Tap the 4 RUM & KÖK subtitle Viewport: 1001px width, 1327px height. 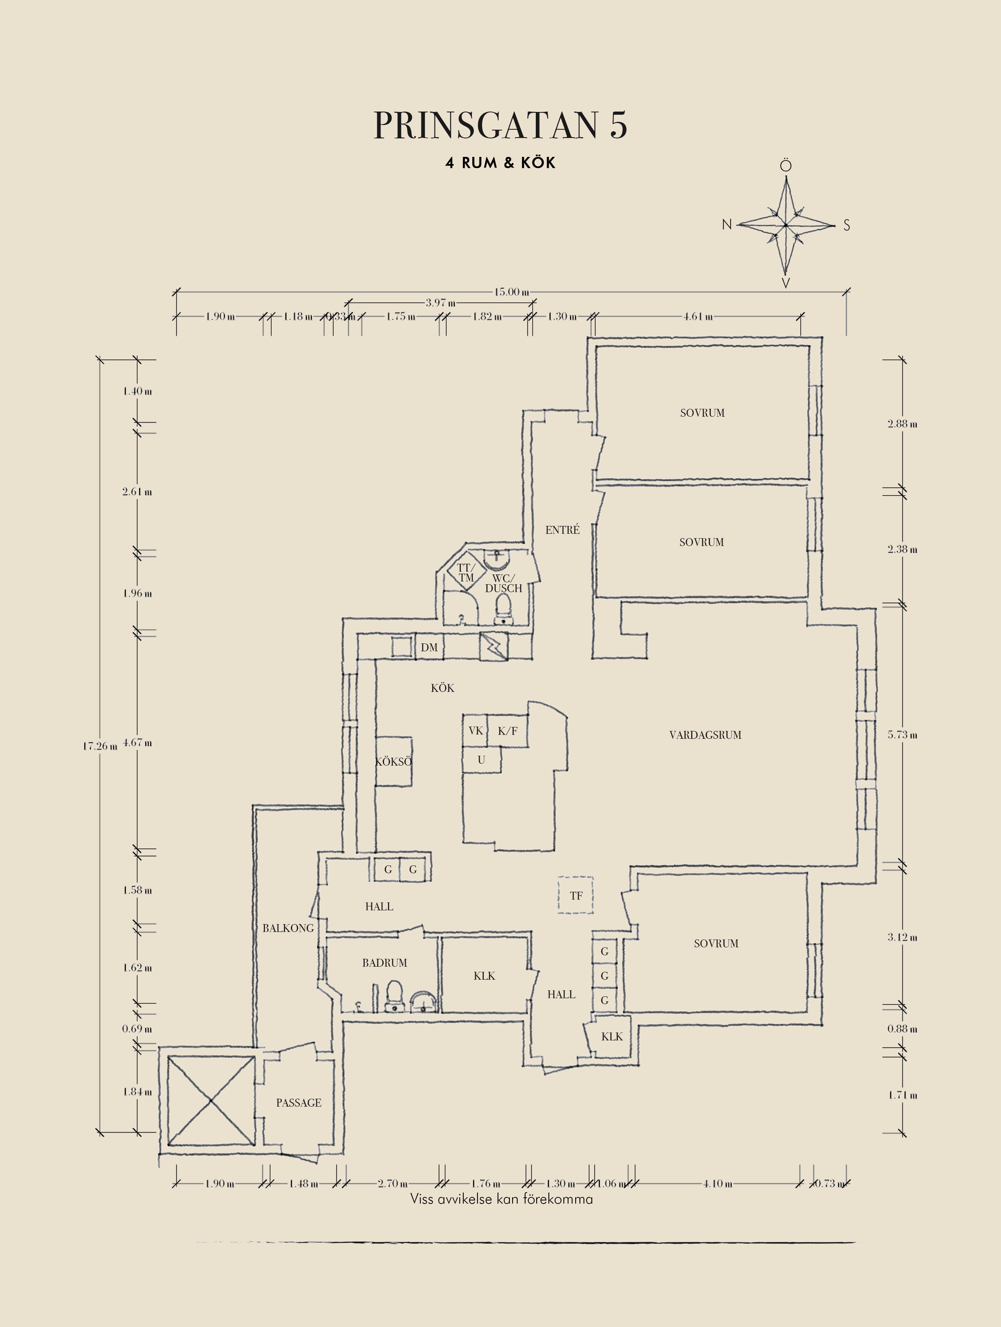[500, 162]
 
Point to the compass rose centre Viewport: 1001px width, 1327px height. [786, 225]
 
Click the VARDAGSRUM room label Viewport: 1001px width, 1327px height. [705, 735]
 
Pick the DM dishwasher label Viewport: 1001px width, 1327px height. [429, 647]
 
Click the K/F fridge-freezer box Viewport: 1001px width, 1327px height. [507, 731]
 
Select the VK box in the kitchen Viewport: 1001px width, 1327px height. [475, 731]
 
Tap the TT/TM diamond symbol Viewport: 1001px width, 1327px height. [466, 572]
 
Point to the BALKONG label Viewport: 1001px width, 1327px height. [288, 928]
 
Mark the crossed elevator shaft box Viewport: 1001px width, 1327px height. [211, 1101]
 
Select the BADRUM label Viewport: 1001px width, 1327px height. [384, 963]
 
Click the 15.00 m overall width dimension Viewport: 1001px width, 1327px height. [512, 292]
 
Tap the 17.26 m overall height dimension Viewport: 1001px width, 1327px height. [100, 746]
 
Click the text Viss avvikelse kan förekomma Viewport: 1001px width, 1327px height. [501, 1199]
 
